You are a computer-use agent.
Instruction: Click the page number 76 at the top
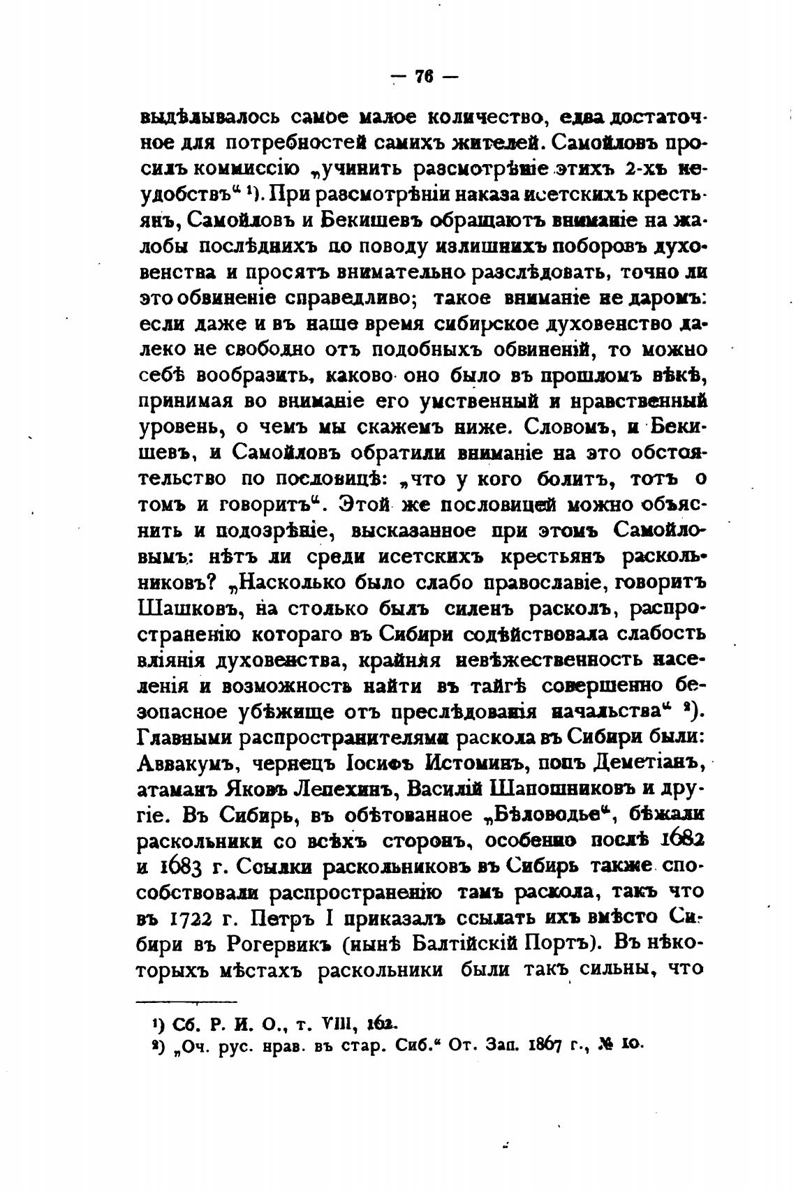point(425,77)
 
